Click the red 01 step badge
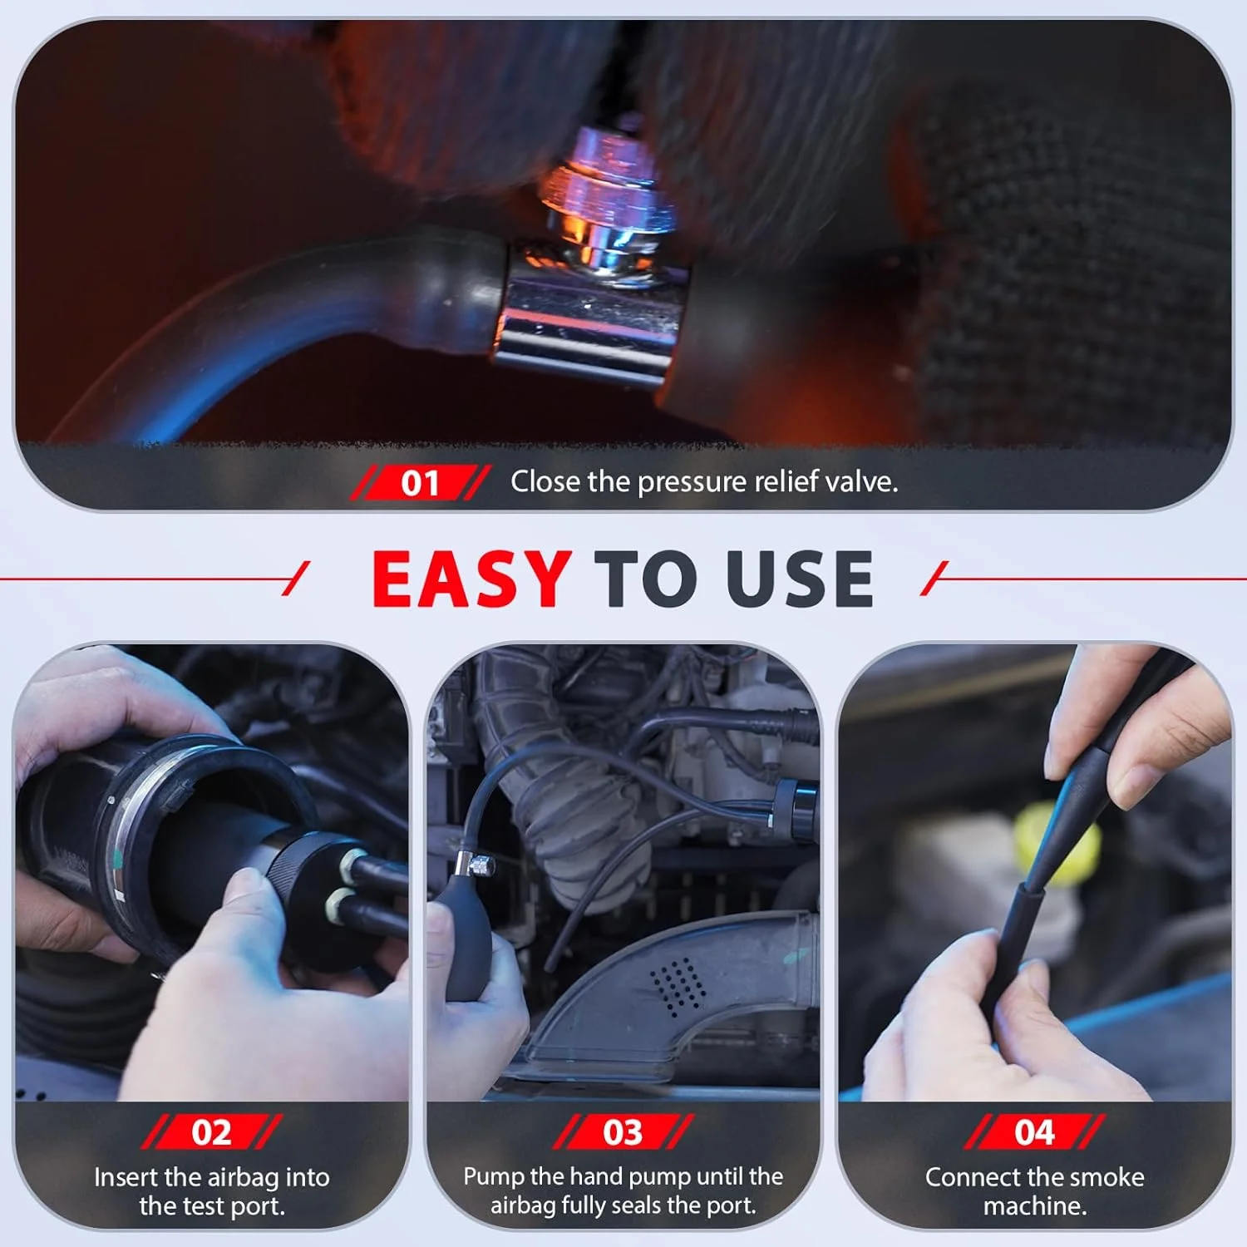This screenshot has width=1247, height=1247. coord(420,482)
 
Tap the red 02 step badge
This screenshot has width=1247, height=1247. coord(211,1132)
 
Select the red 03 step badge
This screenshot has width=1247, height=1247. coord(623,1132)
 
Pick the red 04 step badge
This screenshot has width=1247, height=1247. coord(1034,1132)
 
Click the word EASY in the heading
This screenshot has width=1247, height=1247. coord(471,579)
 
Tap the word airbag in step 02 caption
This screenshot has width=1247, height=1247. coord(240,1179)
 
